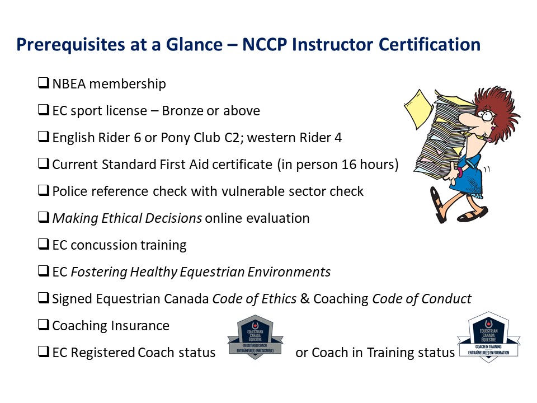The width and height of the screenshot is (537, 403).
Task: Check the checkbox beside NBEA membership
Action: [44, 84]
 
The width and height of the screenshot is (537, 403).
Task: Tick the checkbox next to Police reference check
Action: [44, 191]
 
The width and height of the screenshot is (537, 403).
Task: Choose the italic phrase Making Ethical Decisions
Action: [127, 218]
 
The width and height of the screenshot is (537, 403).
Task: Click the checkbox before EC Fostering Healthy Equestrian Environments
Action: [44, 272]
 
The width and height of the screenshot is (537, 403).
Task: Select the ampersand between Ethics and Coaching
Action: [305, 299]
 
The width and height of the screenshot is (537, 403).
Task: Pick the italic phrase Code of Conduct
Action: [422, 299]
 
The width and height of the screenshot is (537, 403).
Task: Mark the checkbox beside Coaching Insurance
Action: [44, 326]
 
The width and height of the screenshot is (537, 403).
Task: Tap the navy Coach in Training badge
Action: [489, 336]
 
